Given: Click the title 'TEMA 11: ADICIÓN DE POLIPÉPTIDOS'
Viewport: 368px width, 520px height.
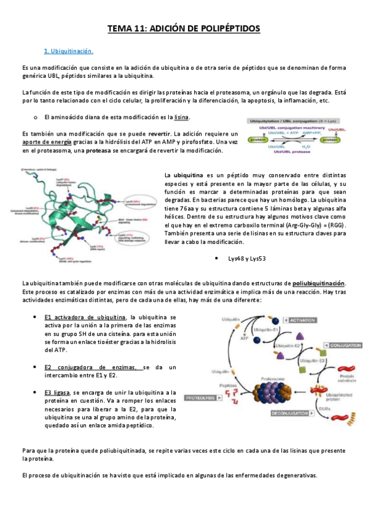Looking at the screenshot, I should pos(184,28).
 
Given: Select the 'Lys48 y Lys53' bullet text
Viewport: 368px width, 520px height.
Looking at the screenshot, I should pos(246,259).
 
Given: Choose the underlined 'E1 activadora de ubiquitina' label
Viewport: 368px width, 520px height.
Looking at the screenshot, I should pos(85,317).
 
